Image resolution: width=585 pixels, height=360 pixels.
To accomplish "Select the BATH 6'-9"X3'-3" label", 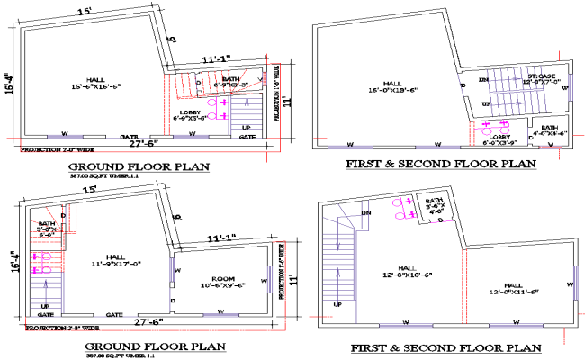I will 230,82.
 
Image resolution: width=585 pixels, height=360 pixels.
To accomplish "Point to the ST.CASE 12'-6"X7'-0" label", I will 544,79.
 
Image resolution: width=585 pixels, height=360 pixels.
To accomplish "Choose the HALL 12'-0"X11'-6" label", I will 516,288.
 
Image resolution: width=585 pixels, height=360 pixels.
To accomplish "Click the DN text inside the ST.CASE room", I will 483,79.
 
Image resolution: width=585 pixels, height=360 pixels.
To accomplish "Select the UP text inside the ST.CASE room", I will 486,104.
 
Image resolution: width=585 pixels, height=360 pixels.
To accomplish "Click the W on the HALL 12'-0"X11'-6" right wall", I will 571,283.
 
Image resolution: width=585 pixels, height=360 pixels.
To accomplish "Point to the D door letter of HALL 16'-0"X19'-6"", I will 463,86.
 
